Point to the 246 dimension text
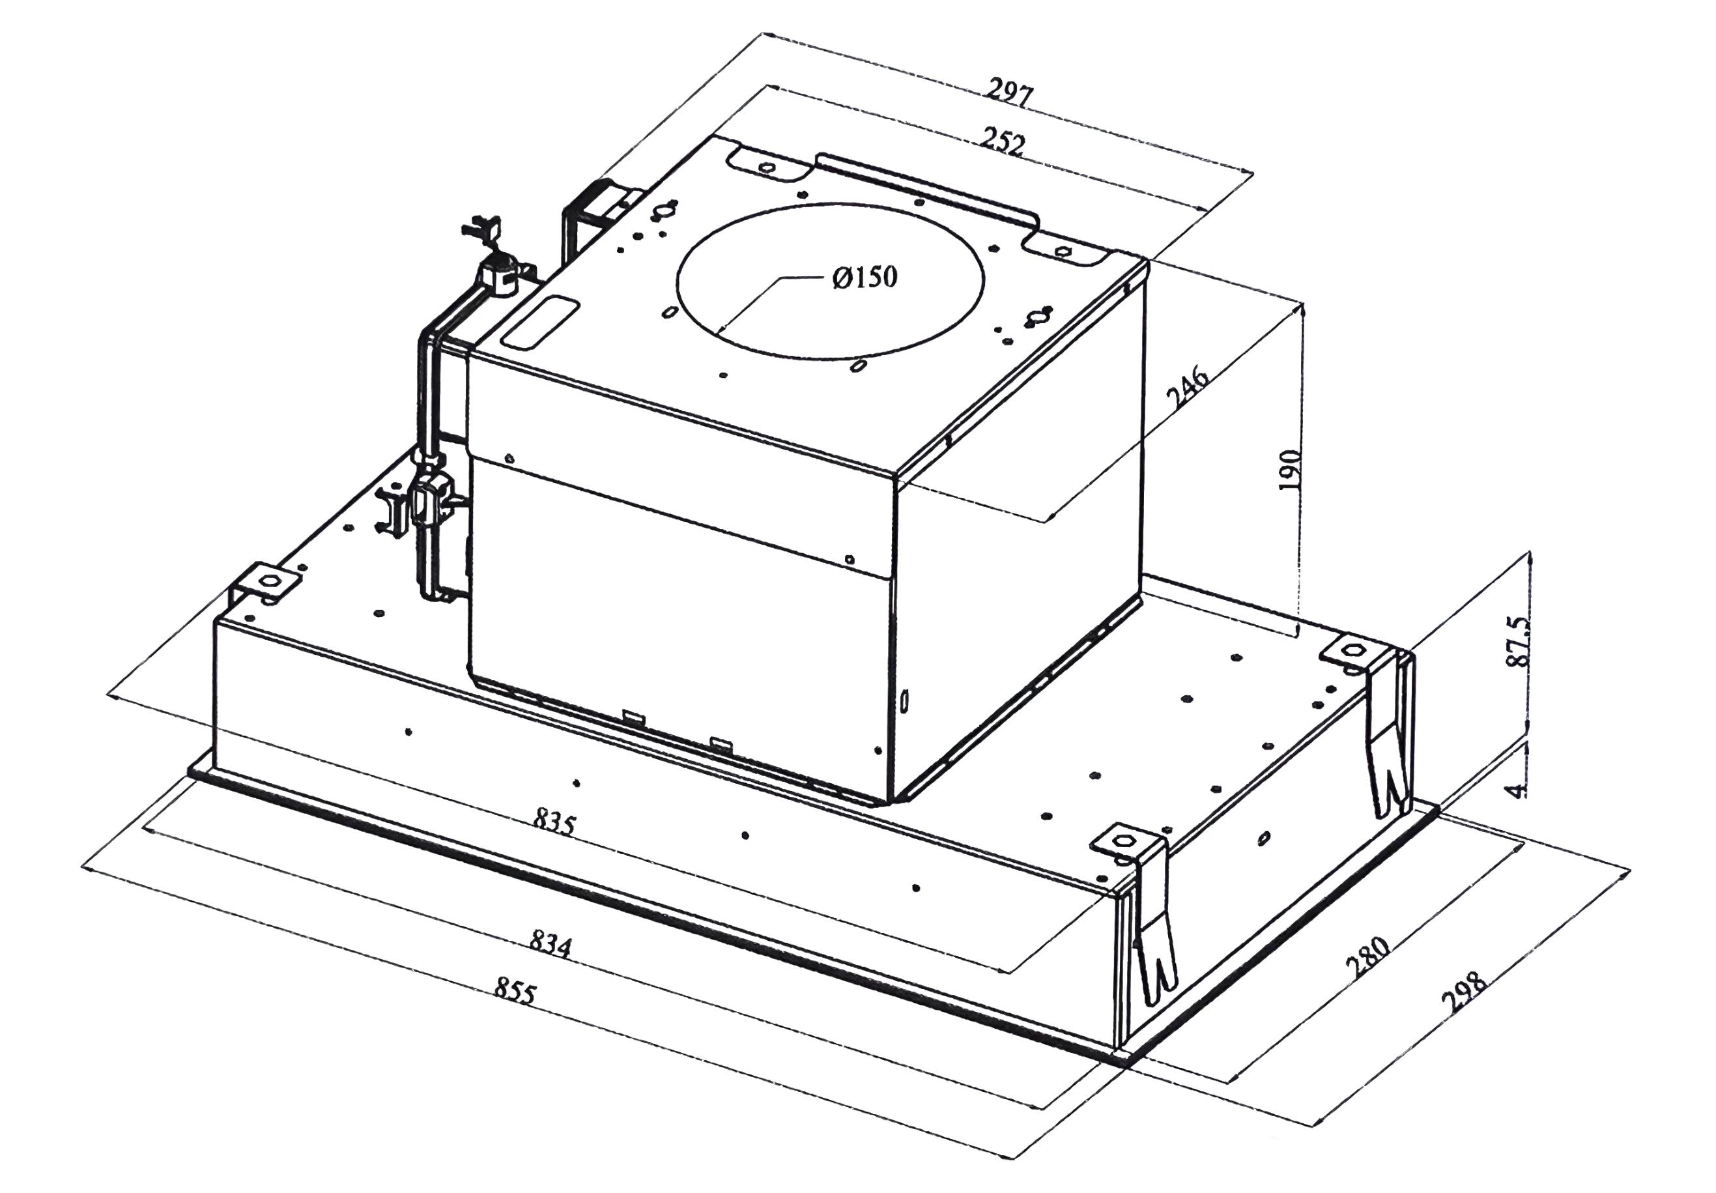(1189, 386)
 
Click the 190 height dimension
(1291, 469)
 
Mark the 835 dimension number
(554, 823)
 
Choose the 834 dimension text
(550, 943)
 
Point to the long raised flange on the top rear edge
(927, 187)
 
